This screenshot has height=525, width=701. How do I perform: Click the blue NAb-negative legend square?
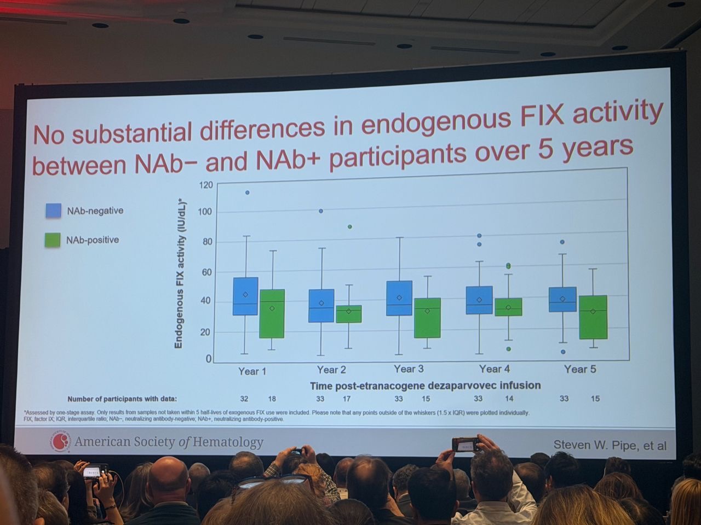[53, 211]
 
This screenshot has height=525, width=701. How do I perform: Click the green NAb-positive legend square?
[53, 240]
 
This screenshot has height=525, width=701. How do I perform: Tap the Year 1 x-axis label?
[252, 371]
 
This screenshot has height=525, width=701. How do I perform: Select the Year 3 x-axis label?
[409, 369]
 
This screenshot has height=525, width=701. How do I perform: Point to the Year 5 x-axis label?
[580, 369]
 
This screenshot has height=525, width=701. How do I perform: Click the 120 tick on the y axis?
[206, 185]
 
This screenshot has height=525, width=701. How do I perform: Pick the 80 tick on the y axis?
[208, 242]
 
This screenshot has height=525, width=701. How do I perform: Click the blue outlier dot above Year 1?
[247, 192]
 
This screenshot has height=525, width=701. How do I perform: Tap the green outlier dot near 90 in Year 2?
[350, 226]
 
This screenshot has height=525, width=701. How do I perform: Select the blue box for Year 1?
[245, 296]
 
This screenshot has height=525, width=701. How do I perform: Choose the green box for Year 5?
[594, 317]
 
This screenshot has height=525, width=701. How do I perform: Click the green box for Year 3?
[427, 318]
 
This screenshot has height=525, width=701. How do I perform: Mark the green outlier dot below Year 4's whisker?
[509, 348]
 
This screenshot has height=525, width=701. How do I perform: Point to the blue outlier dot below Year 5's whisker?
[563, 352]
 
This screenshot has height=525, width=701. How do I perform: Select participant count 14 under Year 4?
[509, 399]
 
